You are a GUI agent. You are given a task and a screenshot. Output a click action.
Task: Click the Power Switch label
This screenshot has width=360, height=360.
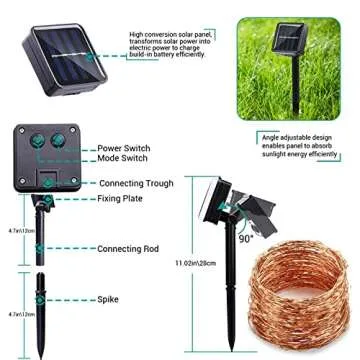pos(124,147)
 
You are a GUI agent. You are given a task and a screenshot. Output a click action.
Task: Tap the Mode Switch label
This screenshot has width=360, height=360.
pos(122,158)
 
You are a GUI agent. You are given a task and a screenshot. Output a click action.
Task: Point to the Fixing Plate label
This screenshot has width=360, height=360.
pos(119,198)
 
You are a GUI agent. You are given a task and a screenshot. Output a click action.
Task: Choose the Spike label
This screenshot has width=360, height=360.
pos(108,298)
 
